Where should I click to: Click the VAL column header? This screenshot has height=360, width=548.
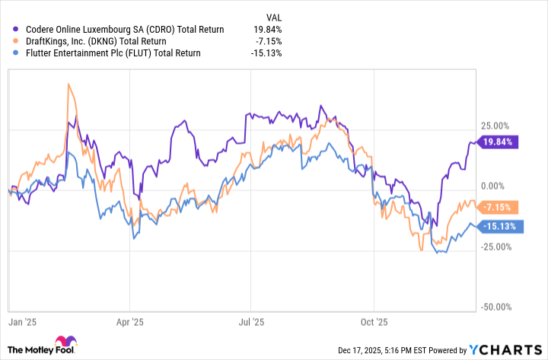click(x=272, y=14)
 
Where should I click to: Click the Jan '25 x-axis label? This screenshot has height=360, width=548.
click(x=23, y=322)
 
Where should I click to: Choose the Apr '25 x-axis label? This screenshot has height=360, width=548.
click(x=131, y=322)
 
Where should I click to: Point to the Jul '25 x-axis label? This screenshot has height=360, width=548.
click(x=251, y=322)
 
